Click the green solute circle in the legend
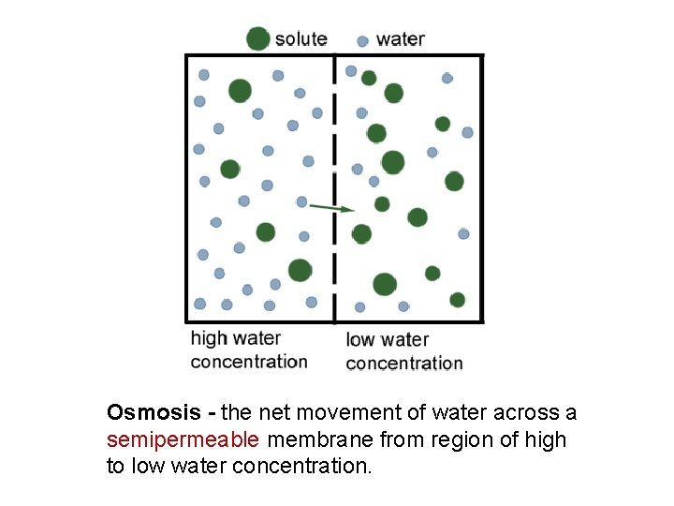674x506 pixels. pos(257,38)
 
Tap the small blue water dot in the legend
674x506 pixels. pos(362,41)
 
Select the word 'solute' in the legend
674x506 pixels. pos(300,39)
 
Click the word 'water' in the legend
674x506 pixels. pos(400,39)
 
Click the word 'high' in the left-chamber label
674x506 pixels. pos(209,338)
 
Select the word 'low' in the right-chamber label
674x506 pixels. pos(361,339)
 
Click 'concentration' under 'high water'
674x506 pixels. pos(249,362)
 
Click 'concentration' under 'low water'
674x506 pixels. pos(404,363)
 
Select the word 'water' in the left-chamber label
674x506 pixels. pos(256,338)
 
